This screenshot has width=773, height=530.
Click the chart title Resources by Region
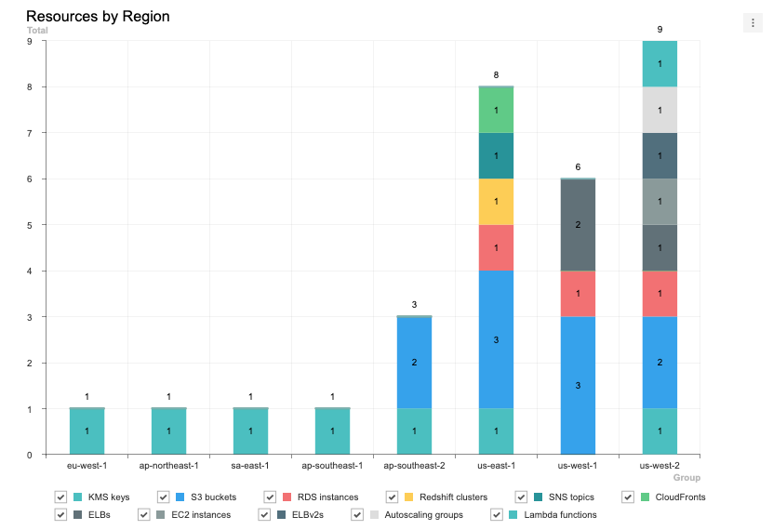coord(98,17)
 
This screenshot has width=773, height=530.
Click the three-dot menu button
coord(753,23)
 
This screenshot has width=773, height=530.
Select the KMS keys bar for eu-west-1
coord(87,431)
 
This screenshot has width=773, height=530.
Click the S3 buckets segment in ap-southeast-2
coord(414,363)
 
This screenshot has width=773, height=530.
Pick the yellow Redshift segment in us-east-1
coord(496,202)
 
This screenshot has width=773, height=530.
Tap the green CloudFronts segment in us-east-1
coord(496,110)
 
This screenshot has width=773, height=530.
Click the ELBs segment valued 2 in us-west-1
coord(578,225)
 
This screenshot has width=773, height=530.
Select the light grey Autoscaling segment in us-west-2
coord(660,110)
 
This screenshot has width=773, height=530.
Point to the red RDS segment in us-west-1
coord(578,294)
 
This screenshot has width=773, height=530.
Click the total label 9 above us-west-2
coord(660,30)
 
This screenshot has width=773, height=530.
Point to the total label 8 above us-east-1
coord(496,75)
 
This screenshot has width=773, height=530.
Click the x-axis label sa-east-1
coord(250,464)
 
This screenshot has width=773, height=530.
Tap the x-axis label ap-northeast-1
coord(168,464)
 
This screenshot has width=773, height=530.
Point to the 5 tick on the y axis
coord(30,225)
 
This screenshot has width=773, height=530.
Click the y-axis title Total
coord(37,31)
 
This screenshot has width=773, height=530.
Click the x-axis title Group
coord(686,477)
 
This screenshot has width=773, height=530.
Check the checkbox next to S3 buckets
coord(164,497)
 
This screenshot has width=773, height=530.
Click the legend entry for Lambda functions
coord(560,514)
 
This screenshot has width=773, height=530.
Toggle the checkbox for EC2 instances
coord(144,514)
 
